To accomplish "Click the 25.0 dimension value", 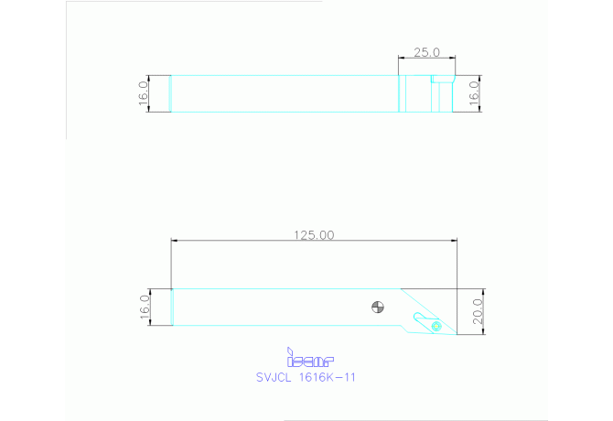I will (x=425, y=52).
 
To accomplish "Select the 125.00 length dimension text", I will (x=313, y=234).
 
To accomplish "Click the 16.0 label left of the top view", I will (x=143, y=93).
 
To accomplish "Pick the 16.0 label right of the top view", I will (x=474, y=93).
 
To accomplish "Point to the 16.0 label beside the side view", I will (x=143, y=307).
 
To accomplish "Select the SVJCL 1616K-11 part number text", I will (x=305, y=376).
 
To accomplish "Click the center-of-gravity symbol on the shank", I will (x=379, y=306).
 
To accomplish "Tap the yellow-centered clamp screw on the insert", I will (x=436, y=325).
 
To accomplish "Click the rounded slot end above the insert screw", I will (x=418, y=317).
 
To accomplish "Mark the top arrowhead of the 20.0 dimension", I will (x=482, y=291).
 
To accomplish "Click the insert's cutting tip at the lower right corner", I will (x=455, y=334).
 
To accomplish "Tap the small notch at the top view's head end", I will (x=440, y=80).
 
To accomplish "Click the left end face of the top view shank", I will (x=172, y=93).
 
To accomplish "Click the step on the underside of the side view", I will (x=402, y=326).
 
